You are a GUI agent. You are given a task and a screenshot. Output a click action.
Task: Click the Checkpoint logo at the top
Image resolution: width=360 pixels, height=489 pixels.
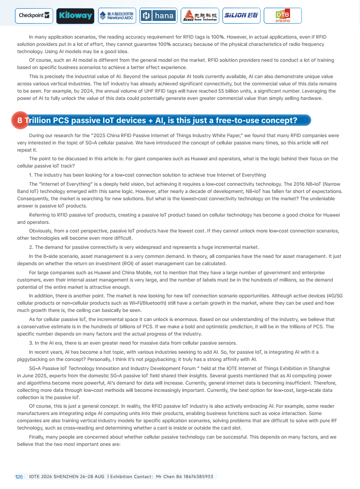pos(34,15)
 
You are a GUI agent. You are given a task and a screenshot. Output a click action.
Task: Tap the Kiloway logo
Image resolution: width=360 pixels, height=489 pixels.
pos(75,16)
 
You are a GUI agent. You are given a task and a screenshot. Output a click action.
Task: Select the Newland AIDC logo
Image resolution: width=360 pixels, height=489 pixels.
pos(116,16)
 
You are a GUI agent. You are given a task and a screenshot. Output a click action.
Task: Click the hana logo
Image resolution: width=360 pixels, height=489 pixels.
pos(158,16)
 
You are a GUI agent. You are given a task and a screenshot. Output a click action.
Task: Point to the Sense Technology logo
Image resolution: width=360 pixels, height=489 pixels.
pos(199,16)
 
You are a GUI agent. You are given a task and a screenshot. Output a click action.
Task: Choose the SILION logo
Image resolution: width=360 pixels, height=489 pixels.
pos(241,15)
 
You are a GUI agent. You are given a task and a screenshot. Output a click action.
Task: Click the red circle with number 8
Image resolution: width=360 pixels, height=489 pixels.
pos(20,120)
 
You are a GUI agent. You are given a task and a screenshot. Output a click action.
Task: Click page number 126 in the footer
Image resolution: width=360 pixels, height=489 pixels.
pos(19,477)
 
